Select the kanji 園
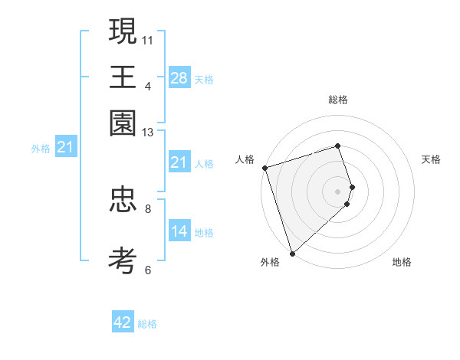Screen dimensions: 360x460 (x=123, y=123)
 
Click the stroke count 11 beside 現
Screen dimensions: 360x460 (x=148, y=39)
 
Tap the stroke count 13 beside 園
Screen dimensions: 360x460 (x=148, y=133)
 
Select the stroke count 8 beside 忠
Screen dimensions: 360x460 (x=148, y=208)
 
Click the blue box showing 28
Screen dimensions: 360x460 (x=179, y=77)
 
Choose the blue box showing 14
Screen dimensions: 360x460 (x=179, y=231)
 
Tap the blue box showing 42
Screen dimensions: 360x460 (x=123, y=322)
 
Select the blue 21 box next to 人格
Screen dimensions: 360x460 (x=179, y=162)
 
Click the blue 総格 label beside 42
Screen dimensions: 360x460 (x=147, y=324)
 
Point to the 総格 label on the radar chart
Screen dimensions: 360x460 (x=338, y=100)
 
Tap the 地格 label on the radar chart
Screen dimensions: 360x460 (x=402, y=263)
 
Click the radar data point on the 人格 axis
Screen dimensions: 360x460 (x=264, y=168)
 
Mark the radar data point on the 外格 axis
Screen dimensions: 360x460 (x=292, y=253)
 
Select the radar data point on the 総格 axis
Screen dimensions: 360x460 (x=338, y=146)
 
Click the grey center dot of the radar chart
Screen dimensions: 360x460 (x=338, y=191)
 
